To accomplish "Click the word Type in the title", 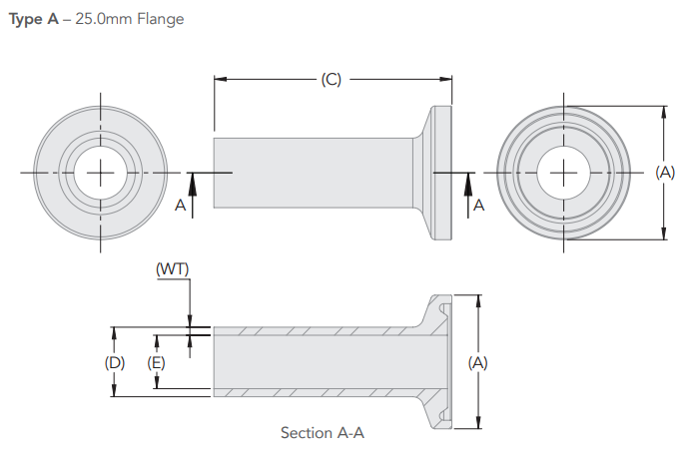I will coord(26,19).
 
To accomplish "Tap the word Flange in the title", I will coord(160,19).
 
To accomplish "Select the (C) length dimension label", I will coord(332,80).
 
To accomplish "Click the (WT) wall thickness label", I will coord(172,269).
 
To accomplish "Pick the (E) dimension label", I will coord(156,363).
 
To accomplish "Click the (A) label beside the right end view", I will coord(665,173).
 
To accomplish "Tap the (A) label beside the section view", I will coord(477,363).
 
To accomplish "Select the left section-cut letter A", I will coord(180,205).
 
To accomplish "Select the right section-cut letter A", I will coord(478,205).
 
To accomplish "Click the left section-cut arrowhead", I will coord(195,181).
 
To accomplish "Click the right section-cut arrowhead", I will coord(466,181).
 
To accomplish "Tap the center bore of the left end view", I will coord(101,173).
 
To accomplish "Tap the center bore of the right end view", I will coord(564,173).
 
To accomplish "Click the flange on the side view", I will coord(440,173).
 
